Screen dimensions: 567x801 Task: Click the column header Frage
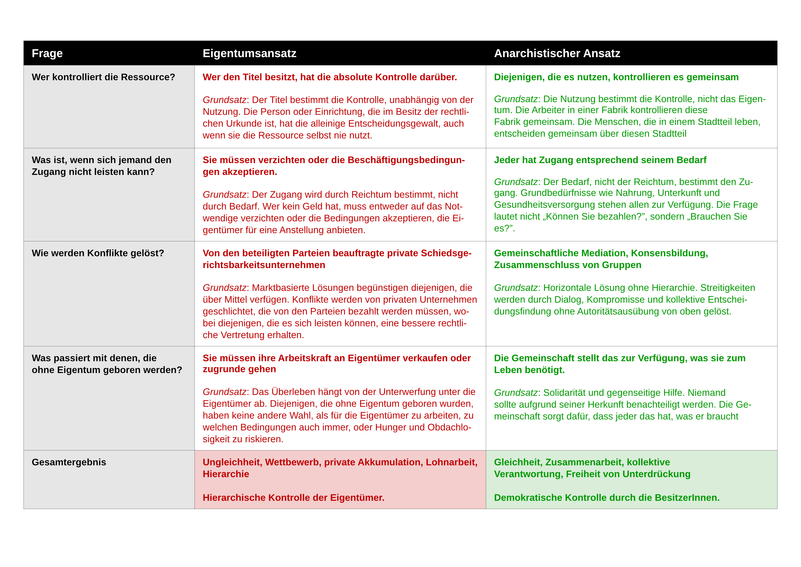pos(47,53)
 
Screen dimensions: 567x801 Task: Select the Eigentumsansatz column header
pos(249,53)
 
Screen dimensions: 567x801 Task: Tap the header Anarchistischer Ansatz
pos(557,53)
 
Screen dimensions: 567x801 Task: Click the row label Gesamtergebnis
pos(69,462)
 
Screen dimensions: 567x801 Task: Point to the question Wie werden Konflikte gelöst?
pos(98,253)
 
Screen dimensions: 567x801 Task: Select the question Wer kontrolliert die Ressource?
pos(103,77)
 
